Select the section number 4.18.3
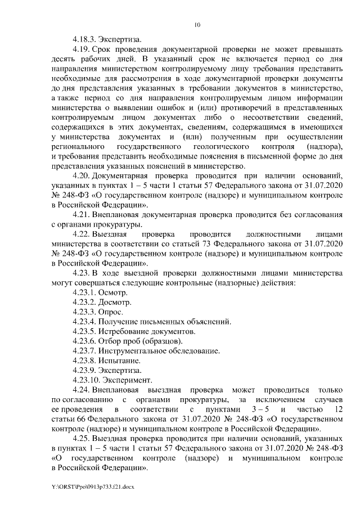84,40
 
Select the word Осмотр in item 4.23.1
114,294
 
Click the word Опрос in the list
112,314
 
